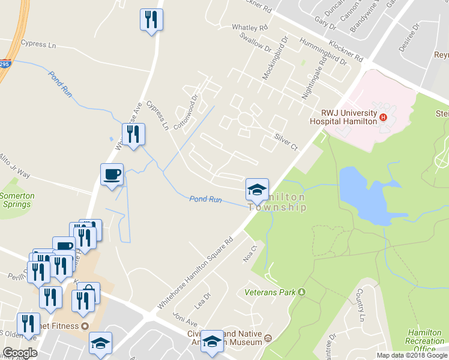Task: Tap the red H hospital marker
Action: tap(382, 120)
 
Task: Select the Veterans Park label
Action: tap(271, 293)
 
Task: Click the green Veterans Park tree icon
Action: tap(302, 292)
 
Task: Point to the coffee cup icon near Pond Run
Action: tap(112, 175)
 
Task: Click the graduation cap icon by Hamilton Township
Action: tap(256, 190)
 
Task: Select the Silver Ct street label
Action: tap(286, 142)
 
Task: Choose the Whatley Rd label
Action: tap(249, 28)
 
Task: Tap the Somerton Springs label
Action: tap(17, 200)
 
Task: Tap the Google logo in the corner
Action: tap(20, 353)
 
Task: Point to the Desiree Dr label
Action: tap(411, 35)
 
